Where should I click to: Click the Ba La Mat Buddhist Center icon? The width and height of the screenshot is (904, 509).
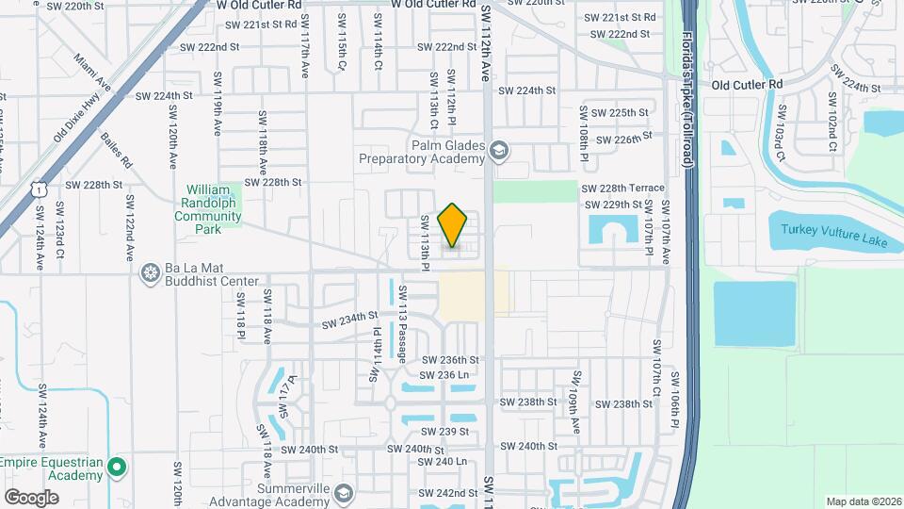coord(150,274)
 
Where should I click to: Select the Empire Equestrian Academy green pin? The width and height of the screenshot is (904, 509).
coord(117,467)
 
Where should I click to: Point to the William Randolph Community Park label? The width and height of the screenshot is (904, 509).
coord(208,209)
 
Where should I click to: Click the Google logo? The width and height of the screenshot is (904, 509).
coord(31,496)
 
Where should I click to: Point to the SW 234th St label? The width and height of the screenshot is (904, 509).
coord(349,320)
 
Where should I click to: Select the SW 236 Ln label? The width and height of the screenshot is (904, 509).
coord(445,375)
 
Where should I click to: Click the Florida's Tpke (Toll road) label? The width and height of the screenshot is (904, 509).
coord(686,102)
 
